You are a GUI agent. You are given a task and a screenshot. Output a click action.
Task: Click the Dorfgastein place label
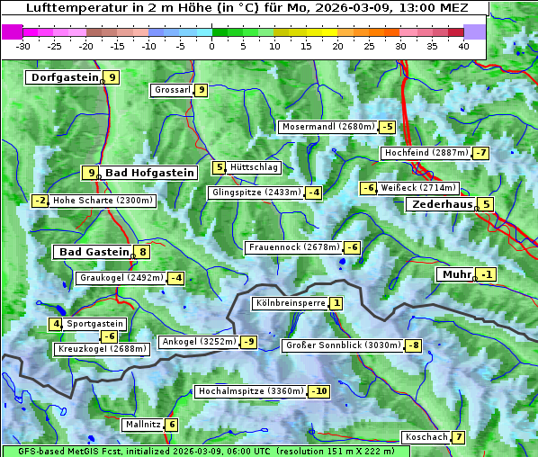(64, 77)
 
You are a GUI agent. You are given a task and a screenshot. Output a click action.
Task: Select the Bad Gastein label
(94, 252)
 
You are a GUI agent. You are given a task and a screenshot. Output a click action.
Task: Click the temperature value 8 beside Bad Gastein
(142, 252)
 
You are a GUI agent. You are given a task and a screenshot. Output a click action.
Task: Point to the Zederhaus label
(442, 204)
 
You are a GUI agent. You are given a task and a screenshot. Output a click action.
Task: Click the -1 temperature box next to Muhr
(487, 274)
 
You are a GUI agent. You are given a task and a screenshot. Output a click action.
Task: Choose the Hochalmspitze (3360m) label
(250, 391)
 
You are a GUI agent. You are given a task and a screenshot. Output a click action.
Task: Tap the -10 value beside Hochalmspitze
(319, 391)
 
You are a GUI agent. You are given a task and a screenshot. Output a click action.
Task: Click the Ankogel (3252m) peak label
(198, 342)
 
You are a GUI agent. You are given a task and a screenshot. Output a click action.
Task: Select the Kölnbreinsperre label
(290, 303)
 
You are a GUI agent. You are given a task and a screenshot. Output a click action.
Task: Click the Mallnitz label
(143, 424)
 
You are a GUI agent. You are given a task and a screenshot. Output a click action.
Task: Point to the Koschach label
(426, 437)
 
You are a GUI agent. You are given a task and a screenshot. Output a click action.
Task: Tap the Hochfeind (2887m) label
(426, 153)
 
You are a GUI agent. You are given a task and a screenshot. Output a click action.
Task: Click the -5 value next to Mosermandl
(387, 127)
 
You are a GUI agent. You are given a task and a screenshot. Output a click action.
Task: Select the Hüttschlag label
(255, 167)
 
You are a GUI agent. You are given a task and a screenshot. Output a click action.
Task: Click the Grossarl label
(173, 90)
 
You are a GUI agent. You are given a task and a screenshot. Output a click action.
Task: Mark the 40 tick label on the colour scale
(463, 46)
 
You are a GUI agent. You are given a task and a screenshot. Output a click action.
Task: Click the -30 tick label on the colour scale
(23, 46)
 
